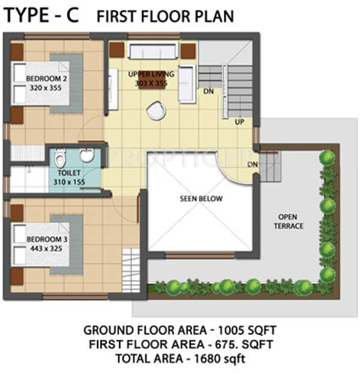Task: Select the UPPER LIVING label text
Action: [151, 74]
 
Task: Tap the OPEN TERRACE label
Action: [290, 221]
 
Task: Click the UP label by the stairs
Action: [239, 122]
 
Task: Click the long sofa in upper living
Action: [153, 51]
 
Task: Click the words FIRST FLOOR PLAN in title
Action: [166, 16]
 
